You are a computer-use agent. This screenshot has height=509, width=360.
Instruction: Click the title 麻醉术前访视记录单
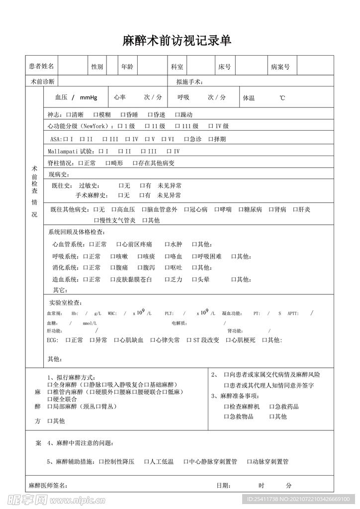pyautogui.click(x=177, y=41)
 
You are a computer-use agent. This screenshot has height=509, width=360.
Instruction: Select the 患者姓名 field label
pyautogui.click(x=41, y=66)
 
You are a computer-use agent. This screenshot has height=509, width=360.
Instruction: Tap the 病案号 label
pyautogui.click(x=280, y=66)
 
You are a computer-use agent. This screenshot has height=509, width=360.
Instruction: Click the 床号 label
pyautogui.click(x=224, y=66)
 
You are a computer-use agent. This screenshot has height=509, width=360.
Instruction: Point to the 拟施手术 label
pyautogui.click(x=189, y=82)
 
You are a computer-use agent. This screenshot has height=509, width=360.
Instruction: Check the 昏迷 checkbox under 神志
pyautogui.click(x=150, y=115)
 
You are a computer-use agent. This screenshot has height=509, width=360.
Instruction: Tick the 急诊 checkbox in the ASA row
pyautogui.click(x=186, y=139)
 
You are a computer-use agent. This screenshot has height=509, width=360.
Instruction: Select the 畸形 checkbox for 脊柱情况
pyautogui.click(x=108, y=163)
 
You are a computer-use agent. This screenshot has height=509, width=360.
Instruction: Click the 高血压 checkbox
pyautogui.click(x=114, y=210)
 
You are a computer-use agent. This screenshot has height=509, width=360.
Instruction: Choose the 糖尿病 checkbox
pyautogui.click(x=241, y=210)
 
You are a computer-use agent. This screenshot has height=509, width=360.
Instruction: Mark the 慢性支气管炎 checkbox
pyautogui.click(x=96, y=220)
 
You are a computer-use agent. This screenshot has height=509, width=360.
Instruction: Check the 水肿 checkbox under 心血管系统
pyautogui.click(x=168, y=245)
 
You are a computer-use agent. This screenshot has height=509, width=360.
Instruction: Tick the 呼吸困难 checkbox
pyautogui.click(x=194, y=256)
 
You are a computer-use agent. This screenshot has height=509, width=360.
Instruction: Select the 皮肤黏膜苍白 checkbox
pyautogui.click(x=113, y=280)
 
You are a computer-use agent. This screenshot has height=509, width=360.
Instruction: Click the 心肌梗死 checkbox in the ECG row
pyautogui.click(x=229, y=340)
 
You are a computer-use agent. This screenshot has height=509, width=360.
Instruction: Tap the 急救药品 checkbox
pyautogui.click(x=272, y=407)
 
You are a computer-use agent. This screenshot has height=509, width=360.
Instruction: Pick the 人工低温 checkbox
pyautogui.click(x=147, y=462)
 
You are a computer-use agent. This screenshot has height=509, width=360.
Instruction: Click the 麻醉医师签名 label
pyautogui.click(x=48, y=485)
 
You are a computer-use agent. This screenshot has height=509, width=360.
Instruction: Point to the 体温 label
pyautogui.click(x=249, y=98)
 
